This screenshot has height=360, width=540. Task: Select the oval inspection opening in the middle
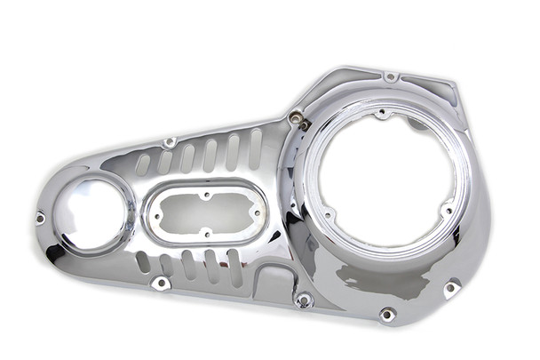coord(203,213)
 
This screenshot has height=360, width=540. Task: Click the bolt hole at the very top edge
coord(390,77)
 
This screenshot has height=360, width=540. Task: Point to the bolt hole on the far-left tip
coord(40,217)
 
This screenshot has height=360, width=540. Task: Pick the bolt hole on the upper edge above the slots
coord(169,142)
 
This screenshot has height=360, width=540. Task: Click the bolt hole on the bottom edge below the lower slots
coord(161,283)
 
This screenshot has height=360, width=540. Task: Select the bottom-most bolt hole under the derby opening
coord(386,314)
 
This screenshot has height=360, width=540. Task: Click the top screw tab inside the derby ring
coord(381,114)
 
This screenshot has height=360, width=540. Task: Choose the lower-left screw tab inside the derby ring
coord(329,214)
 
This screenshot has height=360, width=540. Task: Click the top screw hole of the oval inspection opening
coord(205,195)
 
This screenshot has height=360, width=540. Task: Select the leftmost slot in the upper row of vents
coord(142,164)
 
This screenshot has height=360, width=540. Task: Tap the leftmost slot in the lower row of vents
coord(142,262)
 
